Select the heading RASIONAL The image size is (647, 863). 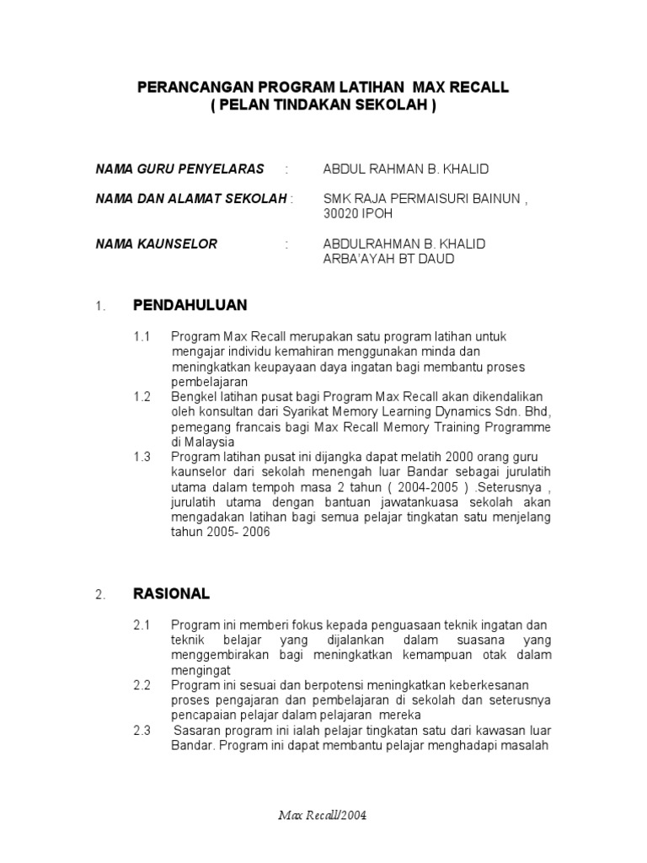pyautogui.click(x=171, y=593)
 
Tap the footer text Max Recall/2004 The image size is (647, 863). pyautogui.click(x=323, y=817)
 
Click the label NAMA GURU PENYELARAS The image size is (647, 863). pyautogui.click(x=179, y=169)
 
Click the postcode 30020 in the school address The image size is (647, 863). pyautogui.click(x=341, y=214)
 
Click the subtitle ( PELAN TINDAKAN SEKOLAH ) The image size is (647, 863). pyautogui.click(x=323, y=105)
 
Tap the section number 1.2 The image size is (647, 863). pyautogui.click(x=142, y=397)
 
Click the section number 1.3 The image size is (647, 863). pyautogui.click(x=142, y=457)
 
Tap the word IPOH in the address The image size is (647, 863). pyautogui.click(x=377, y=214)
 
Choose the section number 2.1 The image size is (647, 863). pyautogui.click(x=142, y=624)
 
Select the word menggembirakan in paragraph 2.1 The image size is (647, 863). pyautogui.click(x=222, y=655)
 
